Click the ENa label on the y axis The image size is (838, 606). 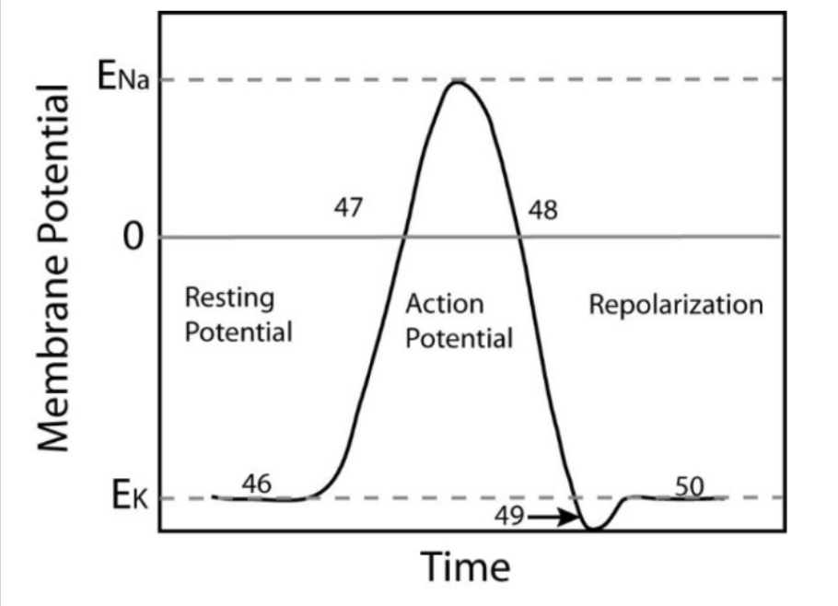click(x=122, y=77)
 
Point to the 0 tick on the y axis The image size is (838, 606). click(x=134, y=239)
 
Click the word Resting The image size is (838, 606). click(x=228, y=298)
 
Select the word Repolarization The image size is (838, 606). click(x=676, y=304)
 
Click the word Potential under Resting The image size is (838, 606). click(x=239, y=332)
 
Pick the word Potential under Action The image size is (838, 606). click(x=459, y=338)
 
